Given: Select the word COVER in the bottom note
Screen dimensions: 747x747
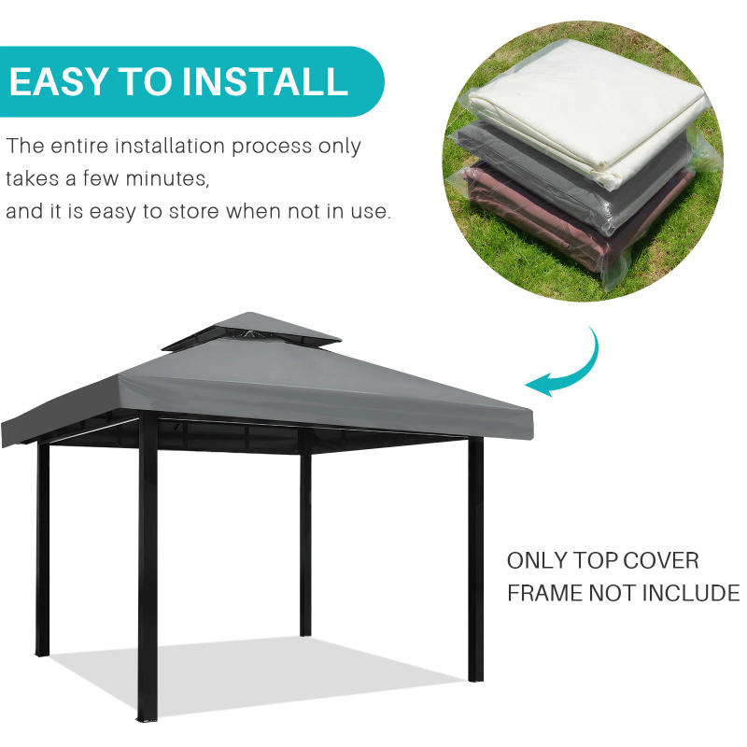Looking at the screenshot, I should pos(661,560).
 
